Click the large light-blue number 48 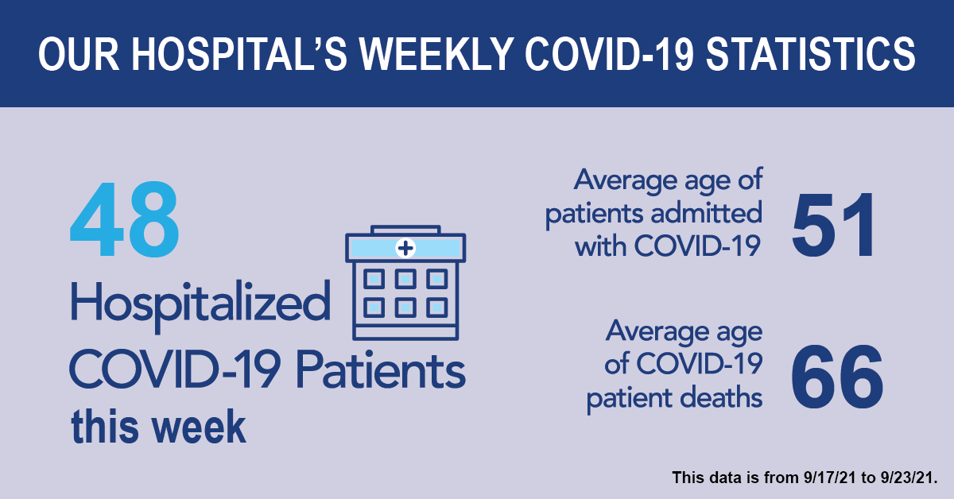tap(124, 219)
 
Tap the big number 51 tap(833, 225)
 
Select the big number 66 tap(837, 377)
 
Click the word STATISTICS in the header tap(810, 54)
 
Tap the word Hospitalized tap(200, 304)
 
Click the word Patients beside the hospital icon tap(381, 369)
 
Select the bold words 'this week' tap(158, 427)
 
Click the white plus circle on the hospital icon tap(405, 248)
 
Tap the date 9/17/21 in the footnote tap(830, 478)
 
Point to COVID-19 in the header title tap(610, 54)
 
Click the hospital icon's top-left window tap(374, 280)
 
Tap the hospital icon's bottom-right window tap(437, 308)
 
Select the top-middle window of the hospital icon tap(405, 280)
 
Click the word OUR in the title tap(79, 54)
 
